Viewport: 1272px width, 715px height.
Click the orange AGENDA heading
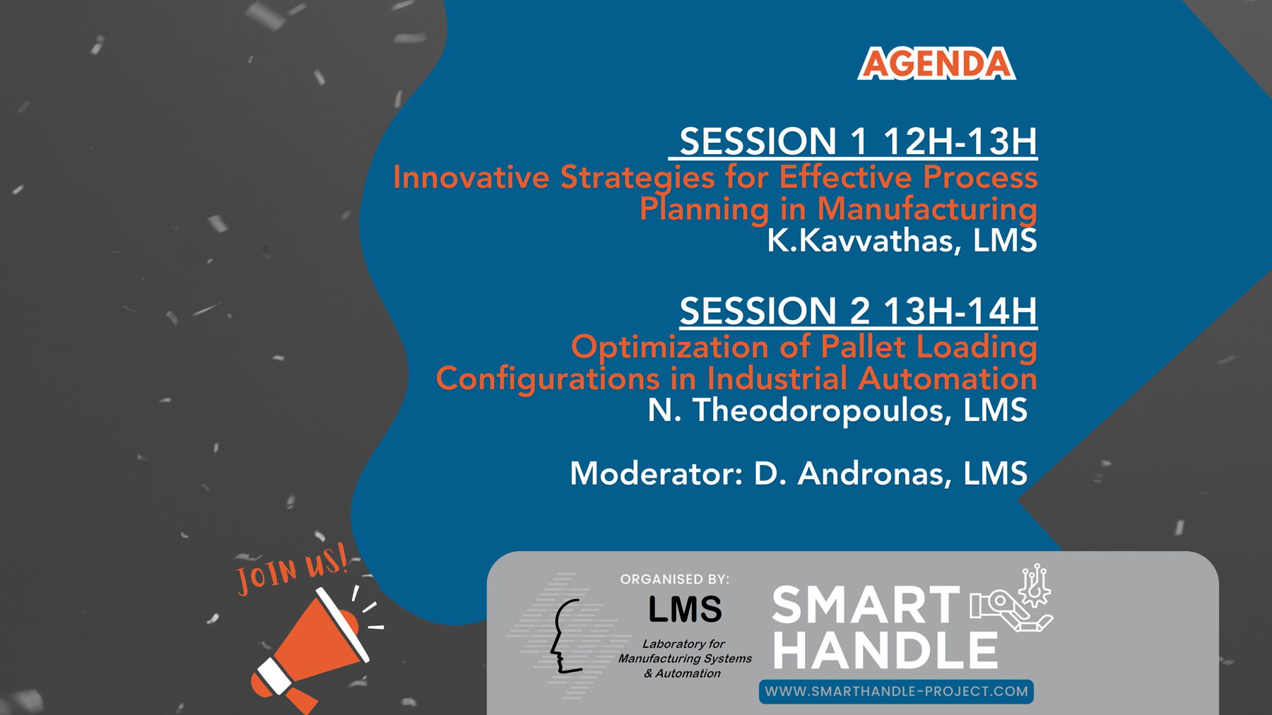[936, 64]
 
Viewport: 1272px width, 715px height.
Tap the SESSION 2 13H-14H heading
[858, 311]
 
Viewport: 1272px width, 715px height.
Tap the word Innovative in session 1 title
[471, 177]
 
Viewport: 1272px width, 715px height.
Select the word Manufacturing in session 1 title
[927, 210]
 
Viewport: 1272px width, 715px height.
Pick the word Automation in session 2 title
[948, 379]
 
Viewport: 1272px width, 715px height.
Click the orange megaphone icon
[311, 650]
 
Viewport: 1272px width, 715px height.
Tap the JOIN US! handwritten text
[292, 569]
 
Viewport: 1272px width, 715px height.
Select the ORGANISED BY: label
[675, 579]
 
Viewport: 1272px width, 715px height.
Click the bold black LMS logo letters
[685, 610]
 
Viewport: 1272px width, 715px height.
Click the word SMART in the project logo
[866, 605]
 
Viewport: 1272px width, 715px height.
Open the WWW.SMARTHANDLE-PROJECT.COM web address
[896, 692]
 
